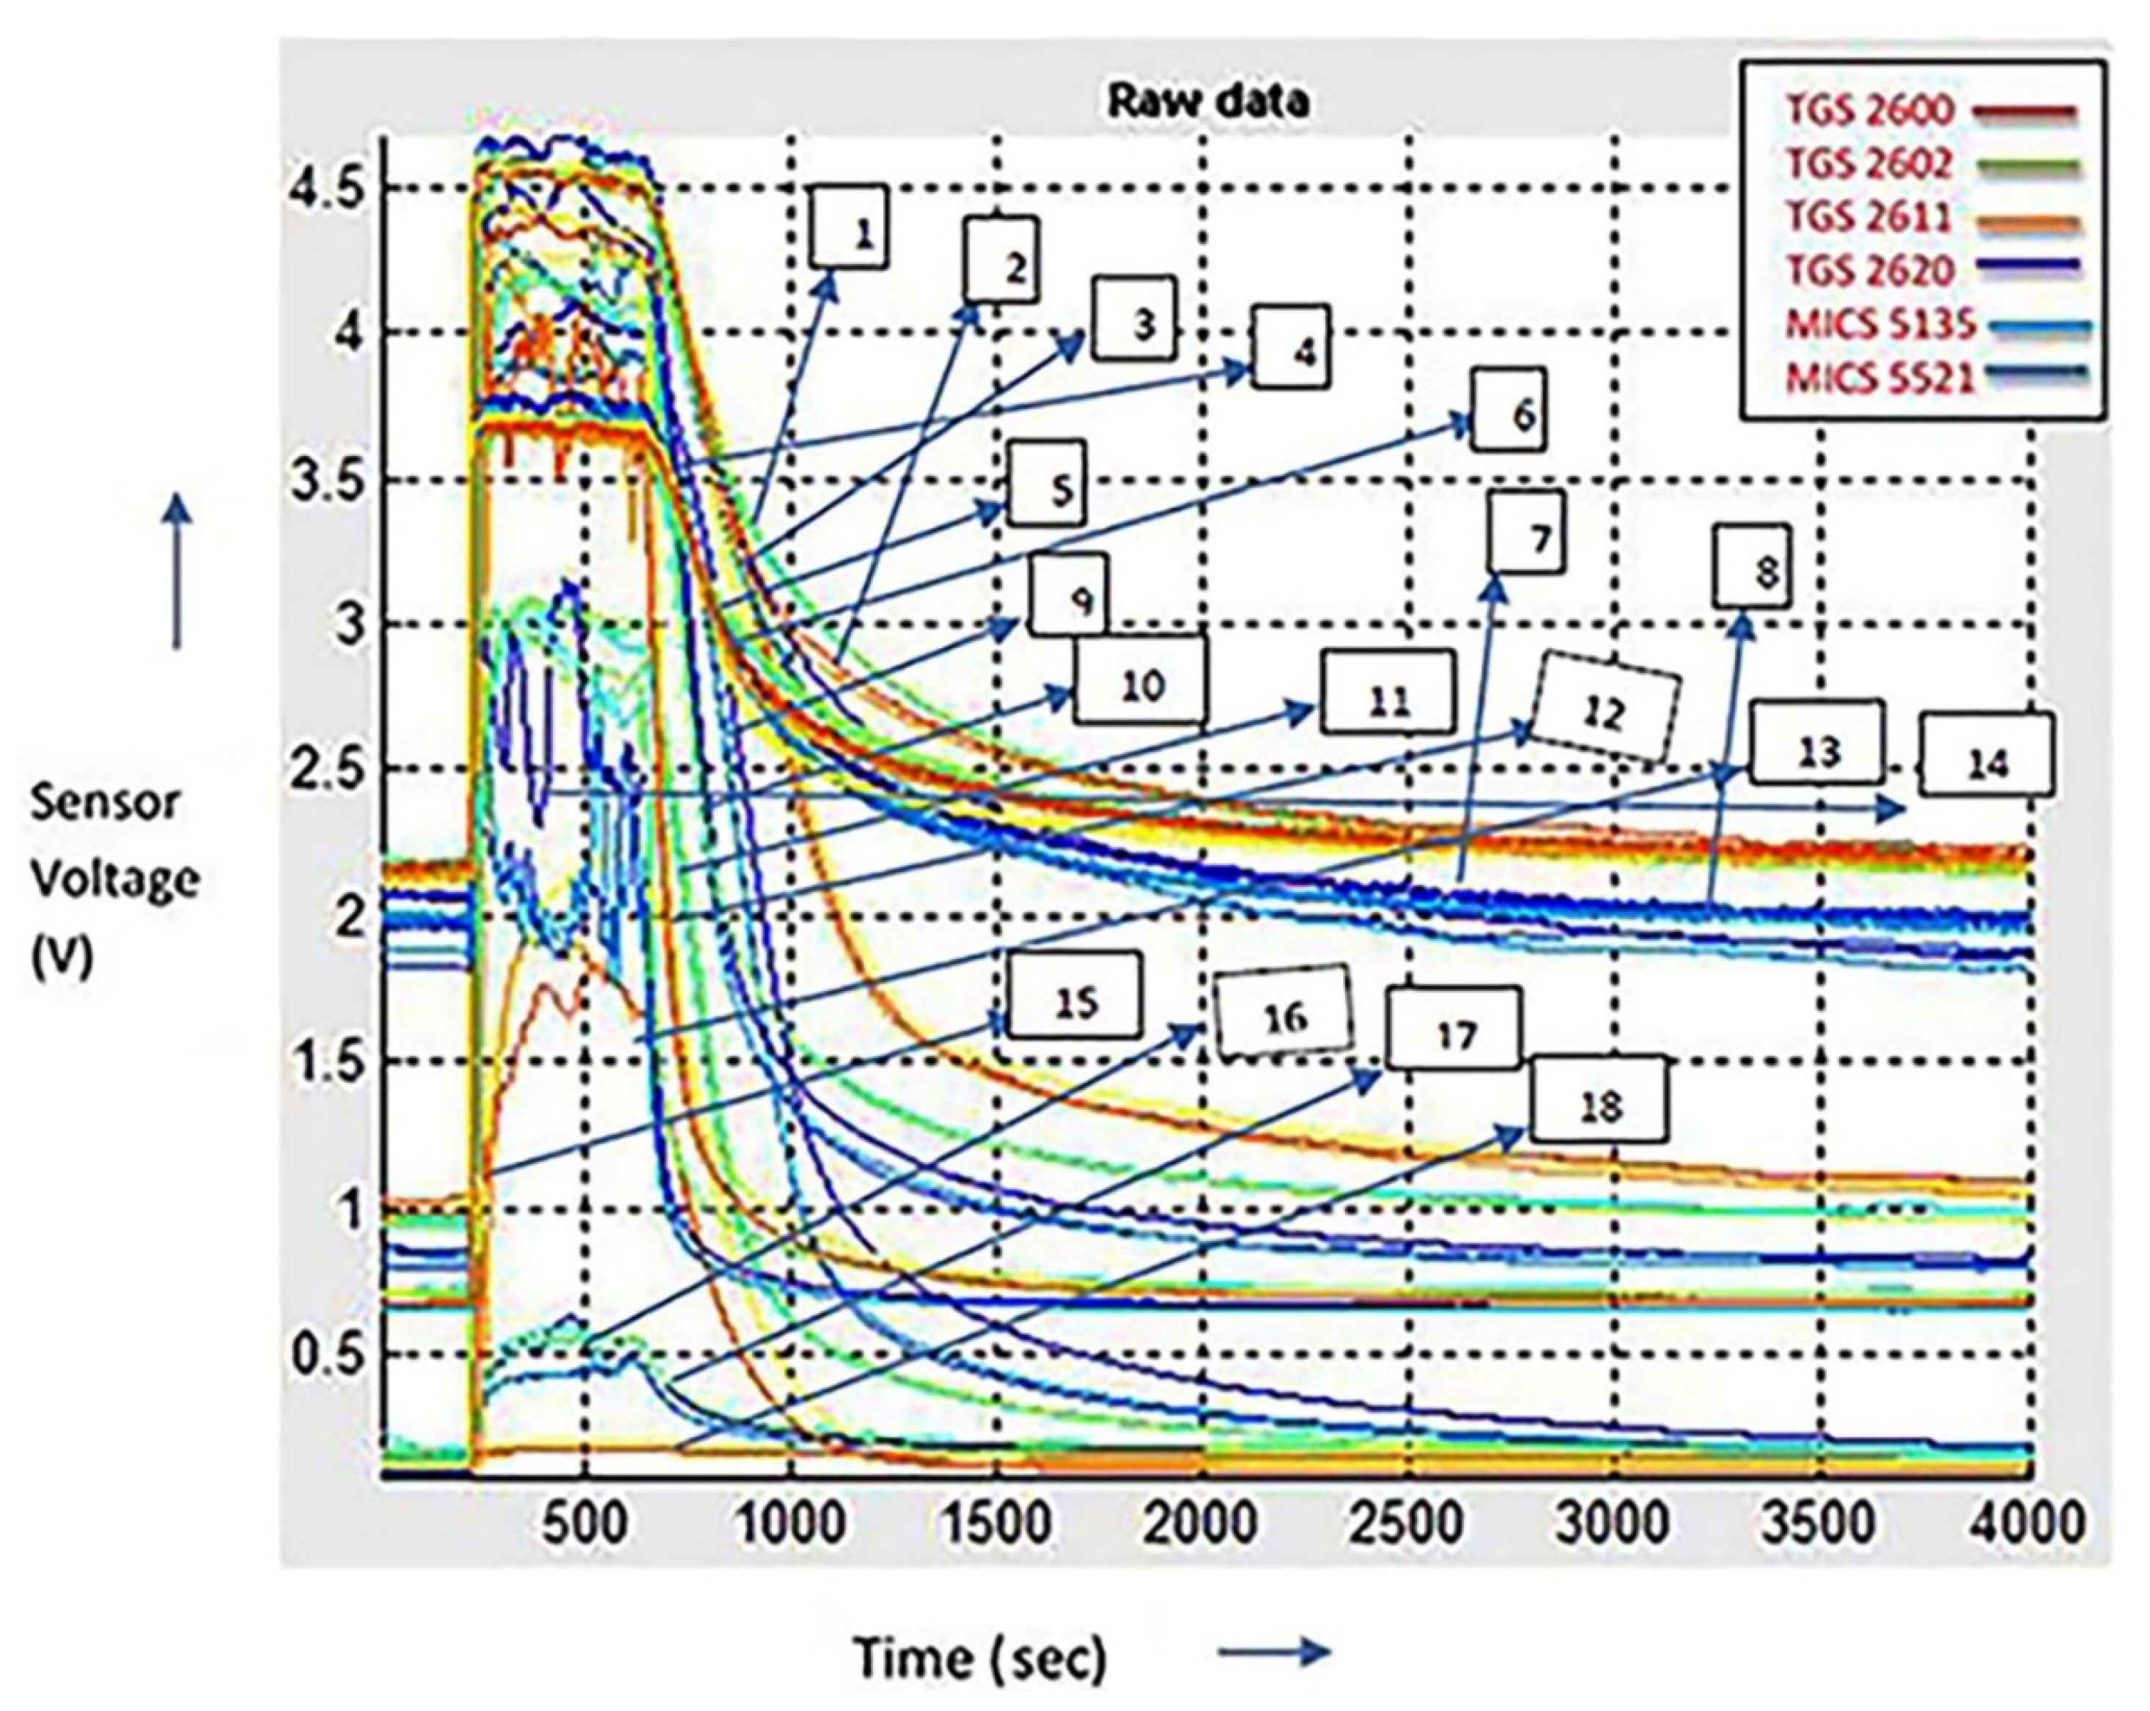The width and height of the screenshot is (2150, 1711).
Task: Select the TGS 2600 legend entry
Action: (x=1869, y=110)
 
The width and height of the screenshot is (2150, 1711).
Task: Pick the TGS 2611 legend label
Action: (x=1867, y=218)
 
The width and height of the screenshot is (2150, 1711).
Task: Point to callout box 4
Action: (x=1292, y=346)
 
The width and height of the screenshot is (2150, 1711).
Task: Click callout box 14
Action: (x=1987, y=755)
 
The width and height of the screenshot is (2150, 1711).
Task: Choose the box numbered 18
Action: (x=1599, y=1100)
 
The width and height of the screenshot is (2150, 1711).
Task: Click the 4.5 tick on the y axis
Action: (x=329, y=188)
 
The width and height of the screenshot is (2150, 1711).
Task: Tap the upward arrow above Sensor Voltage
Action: (x=177, y=573)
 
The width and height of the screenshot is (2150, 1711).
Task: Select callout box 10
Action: (x=1140, y=681)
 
